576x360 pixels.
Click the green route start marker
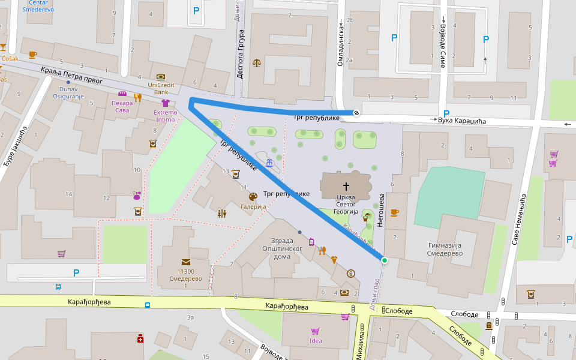tap(384, 260)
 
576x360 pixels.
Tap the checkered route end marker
tap(356, 112)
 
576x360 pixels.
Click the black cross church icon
tap(346, 187)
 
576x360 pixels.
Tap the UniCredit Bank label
tap(160, 88)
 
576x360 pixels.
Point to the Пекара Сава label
tap(122, 106)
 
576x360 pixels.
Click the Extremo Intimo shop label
tap(165, 116)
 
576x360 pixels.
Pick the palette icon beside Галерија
tap(253, 196)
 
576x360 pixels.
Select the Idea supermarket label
tap(316, 341)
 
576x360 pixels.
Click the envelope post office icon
tap(187, 262)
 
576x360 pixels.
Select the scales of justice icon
tap(257, 62)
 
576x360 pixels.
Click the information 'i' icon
tap(350, 274)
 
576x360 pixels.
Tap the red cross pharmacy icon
tap(140, 339)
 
